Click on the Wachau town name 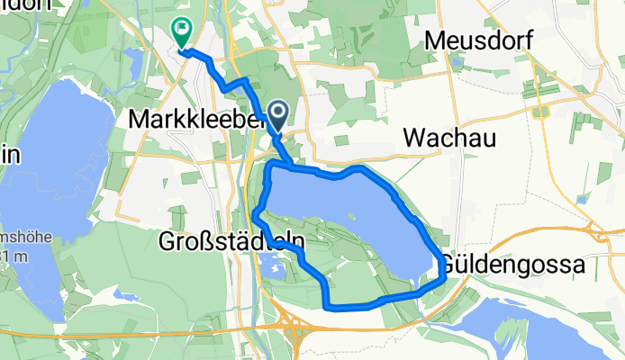(447, 137)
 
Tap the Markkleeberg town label (185, 119)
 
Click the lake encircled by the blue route (351, 216)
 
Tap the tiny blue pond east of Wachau (582, 199)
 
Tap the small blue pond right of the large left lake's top (135, 67)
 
